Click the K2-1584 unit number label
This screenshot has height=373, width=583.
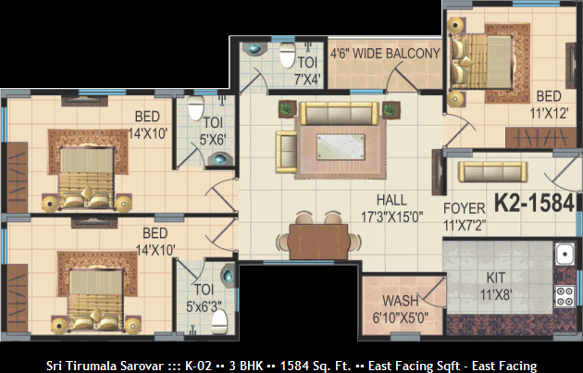534,204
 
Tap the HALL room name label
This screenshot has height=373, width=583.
391,200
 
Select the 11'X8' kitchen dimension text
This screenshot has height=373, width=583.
496,295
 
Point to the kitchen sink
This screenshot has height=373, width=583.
564,255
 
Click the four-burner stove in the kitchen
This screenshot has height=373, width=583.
564,296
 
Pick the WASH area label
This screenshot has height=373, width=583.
401,301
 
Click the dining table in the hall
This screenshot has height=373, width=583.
318,242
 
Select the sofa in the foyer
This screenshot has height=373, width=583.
492,172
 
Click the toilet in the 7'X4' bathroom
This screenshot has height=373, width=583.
288,55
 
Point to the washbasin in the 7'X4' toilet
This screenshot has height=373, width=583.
254,48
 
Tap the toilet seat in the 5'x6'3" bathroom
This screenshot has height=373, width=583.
219,322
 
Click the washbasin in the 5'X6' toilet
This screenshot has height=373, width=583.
220,159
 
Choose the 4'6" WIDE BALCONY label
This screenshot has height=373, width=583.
385,54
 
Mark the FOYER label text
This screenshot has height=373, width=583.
465,208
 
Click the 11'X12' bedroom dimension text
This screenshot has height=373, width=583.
549,113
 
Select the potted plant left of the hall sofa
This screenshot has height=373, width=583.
287,109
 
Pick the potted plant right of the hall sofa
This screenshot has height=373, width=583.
390,110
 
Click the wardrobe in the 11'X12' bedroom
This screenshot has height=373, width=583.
541,138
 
